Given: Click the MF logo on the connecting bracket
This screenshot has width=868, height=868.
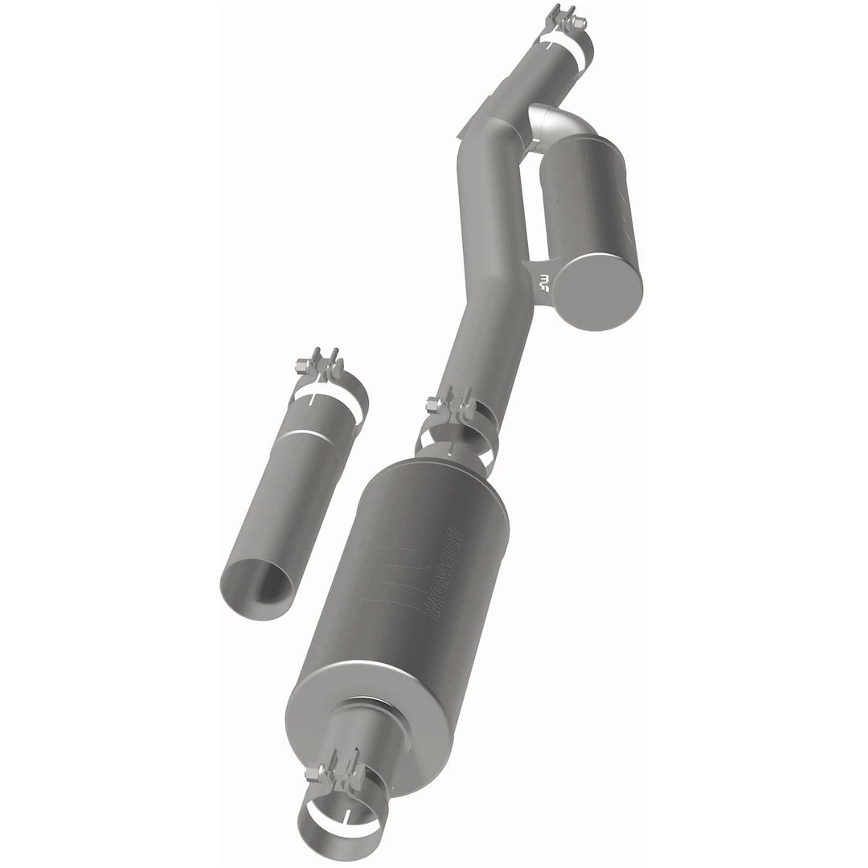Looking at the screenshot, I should coord(546,282).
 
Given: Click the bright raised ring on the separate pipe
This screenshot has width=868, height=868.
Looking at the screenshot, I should coord(309,435).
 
